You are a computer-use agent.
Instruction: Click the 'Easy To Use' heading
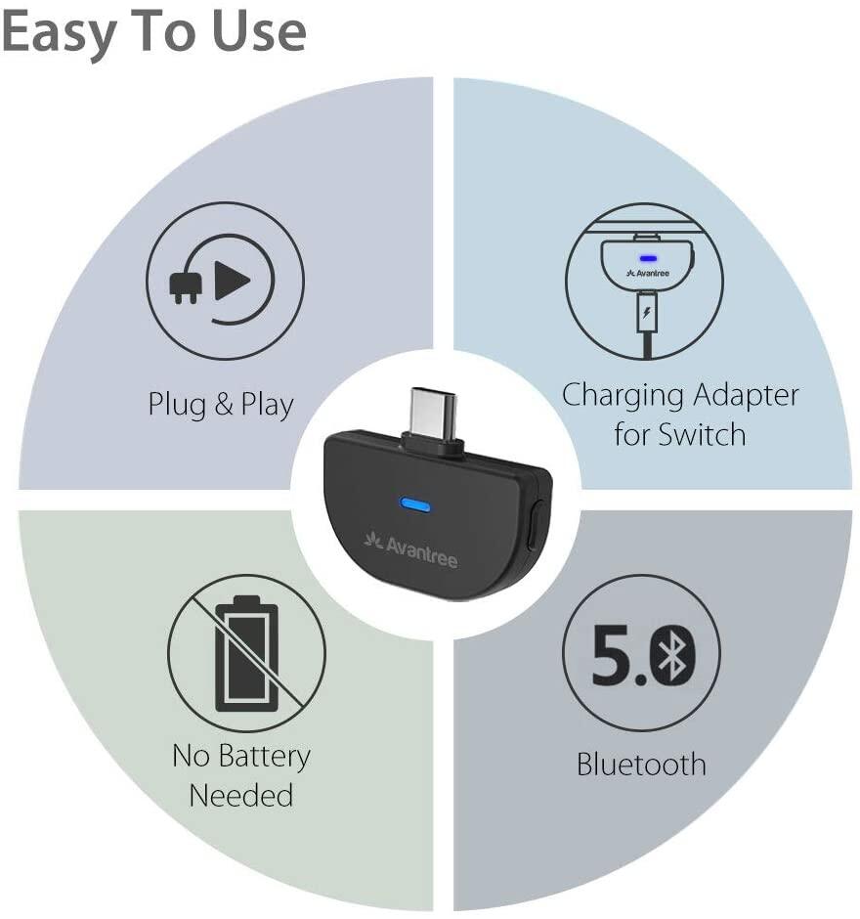tap(153, 32)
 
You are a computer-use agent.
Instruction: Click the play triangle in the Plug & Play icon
tap(233, 281)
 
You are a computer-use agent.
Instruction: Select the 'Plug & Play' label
tap(220, 405)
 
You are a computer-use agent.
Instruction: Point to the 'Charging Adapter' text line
tap(680, 396)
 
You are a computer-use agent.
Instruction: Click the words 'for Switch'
tap(680, 435)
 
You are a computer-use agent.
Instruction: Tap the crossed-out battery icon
tap(246, 653)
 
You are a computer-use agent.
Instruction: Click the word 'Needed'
tap(240, 796)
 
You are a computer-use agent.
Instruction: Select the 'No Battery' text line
tap(240, 757)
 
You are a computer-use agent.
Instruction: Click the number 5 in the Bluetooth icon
tap(611, 655)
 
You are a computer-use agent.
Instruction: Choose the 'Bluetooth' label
tap(641, 765)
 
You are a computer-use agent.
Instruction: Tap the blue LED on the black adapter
tap(414, 504)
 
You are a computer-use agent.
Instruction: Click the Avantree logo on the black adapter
tap(410, 549)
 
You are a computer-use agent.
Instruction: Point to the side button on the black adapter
tap(534, 528)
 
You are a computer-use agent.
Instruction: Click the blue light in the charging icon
tap(647, 258)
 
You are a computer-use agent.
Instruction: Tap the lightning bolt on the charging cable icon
tap(646, 312)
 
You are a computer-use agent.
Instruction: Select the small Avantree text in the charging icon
tap(647, 273)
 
